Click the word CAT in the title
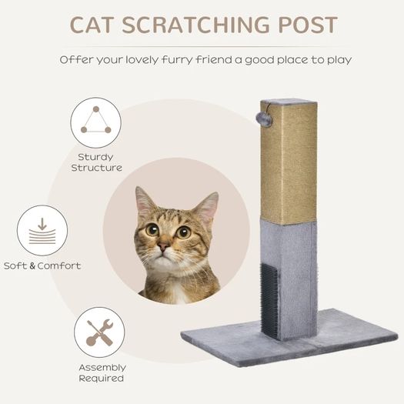click(x=92, y=25)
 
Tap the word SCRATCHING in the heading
click(x=196, y=25)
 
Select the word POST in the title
click(x=308, y=25)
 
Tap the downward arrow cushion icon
click(x=42, y=230)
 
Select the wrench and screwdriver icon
click(x=99, y=332)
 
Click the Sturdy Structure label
click(x=97, y=162)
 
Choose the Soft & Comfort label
click(x=42, y=265)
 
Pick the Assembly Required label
click(x=102, y=372)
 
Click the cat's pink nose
click(x=163, y=246)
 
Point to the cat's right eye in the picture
click(x=183, y=232)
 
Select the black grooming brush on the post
click(x=269, y=300)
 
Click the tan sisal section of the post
click(x=289, y=162)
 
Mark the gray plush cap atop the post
click(x=289, y=101)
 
